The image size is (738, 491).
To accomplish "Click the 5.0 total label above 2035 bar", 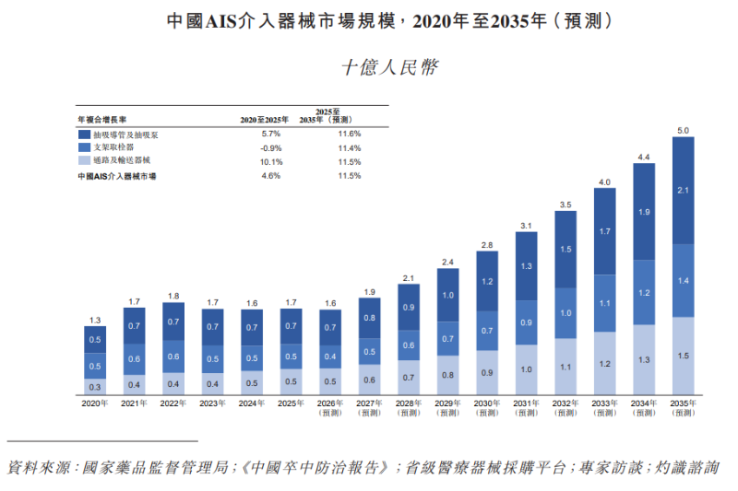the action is point(683,131).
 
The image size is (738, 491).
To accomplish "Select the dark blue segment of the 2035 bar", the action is point(683,191).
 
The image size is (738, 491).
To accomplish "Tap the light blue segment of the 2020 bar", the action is point(95,387).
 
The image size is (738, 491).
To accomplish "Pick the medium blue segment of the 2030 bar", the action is point(487,331).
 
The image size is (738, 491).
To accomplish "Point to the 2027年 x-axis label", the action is point(369,403).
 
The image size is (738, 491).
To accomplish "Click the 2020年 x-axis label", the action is point(95,403).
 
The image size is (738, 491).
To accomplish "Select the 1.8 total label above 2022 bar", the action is point(173,296).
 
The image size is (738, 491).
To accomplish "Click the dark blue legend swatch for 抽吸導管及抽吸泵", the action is point(84,134).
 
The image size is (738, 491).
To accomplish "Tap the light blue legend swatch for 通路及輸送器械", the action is point(84,160).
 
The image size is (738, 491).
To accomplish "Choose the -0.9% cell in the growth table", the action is point(271,148).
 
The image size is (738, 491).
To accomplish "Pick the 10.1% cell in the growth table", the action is point(271,162).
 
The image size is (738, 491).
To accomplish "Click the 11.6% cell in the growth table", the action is point(350,134).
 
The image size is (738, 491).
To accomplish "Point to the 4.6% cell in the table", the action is point(271,176).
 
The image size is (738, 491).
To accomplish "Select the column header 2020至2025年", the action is point(264,120).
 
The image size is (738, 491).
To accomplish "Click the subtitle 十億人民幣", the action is point(389,67).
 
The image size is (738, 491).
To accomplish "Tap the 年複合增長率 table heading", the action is point(102,120).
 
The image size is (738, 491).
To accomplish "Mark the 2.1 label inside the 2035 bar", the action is point(683,191).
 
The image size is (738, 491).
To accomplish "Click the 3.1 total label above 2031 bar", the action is point(526,226).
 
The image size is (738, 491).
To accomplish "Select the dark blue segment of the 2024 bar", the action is point(252,328).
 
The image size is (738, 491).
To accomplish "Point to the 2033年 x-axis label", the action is point(604,403).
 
